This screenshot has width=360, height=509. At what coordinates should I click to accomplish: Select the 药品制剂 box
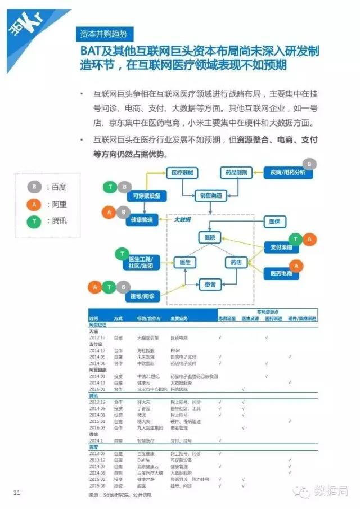point(236,173)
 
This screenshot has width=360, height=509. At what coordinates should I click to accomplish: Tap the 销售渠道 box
point(210,196)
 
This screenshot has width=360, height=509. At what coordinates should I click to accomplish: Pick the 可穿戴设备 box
point(146,196)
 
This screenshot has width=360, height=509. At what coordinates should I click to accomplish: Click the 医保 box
point(274,222)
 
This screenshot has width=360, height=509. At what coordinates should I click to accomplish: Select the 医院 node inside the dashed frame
point(210,238)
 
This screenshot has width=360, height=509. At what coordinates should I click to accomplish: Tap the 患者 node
point(210,285)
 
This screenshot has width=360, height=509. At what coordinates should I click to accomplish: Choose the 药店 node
point(237,262)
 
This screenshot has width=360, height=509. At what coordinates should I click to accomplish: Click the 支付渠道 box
point(278,247)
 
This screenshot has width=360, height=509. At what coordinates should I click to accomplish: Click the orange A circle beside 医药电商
point(296,265)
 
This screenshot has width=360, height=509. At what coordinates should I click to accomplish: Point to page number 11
point(17,493)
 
